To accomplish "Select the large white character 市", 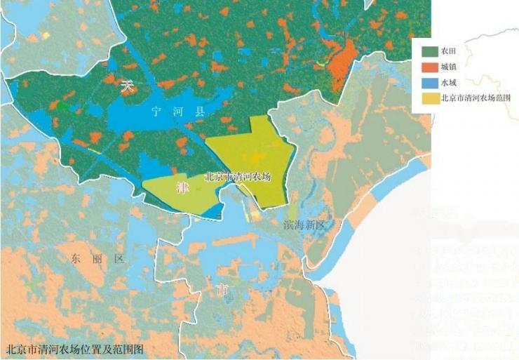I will tap(222, 289).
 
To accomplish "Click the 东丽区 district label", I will tap(97, 259).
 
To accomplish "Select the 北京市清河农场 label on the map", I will tap(237, 177).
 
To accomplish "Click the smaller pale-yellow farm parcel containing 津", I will tap(181, 193).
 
